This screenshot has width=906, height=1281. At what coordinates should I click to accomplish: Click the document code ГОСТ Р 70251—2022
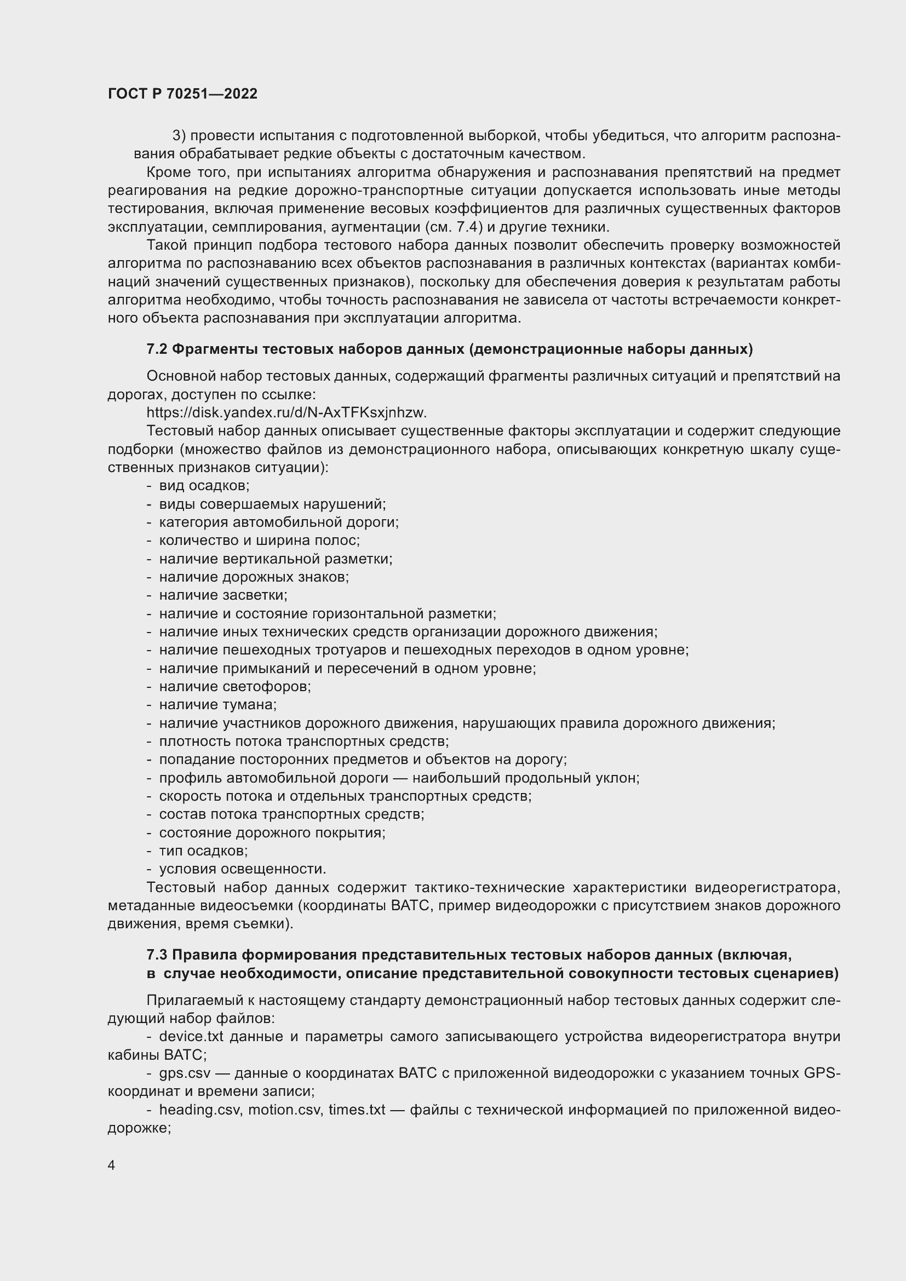182,94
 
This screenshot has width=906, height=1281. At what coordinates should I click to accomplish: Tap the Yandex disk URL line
286,413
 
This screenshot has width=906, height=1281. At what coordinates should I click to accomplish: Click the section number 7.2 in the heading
157,349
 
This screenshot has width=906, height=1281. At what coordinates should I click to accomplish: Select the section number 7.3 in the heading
157,955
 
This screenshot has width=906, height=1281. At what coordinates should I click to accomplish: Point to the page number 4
112,1165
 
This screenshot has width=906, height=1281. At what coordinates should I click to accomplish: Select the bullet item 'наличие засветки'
223,595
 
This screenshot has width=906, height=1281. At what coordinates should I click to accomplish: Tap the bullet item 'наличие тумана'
217,705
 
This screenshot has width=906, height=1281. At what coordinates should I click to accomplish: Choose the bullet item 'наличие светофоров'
235,686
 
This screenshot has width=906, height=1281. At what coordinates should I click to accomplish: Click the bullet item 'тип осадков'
203,851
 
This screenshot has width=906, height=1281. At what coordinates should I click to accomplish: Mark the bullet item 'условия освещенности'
242,869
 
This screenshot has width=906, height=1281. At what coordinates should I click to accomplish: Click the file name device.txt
191,1037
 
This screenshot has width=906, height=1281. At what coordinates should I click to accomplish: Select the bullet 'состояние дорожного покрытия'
272,833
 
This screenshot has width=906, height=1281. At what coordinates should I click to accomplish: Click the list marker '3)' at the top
179,136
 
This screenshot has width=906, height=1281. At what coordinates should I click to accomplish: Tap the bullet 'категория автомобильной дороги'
279,522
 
